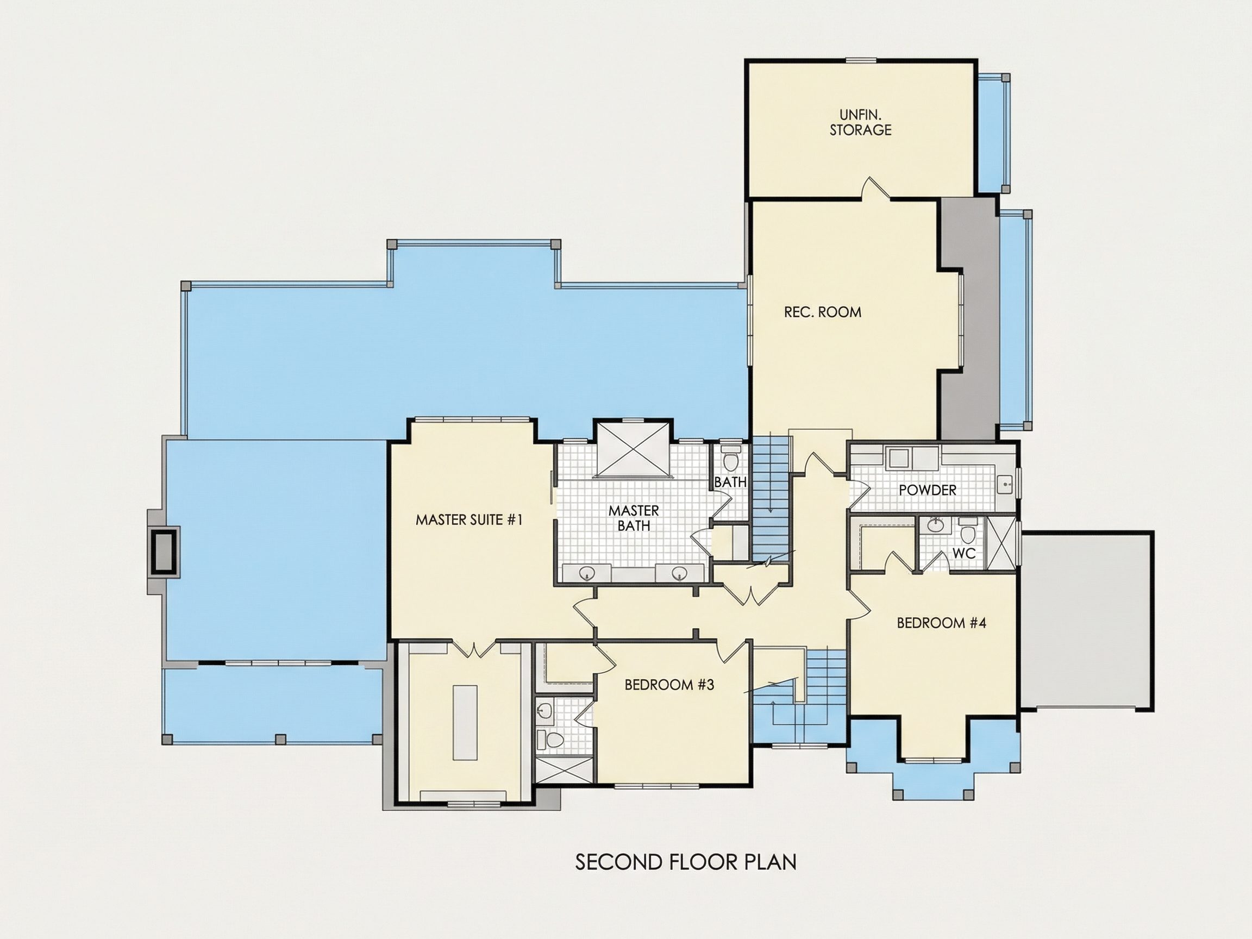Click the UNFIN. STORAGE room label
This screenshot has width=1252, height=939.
[x=860, y=122]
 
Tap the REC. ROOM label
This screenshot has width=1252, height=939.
[x=822, y=312]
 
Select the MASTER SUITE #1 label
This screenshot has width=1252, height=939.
[x=468, y=519]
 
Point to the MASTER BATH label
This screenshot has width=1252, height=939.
[x=634, y=518]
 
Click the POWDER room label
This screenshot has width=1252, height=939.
[x=928, y=490]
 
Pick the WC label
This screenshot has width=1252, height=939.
[x=965, y=553]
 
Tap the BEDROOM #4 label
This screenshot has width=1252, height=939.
[x=942, y=623]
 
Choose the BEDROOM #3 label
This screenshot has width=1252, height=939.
[x=669, y=685]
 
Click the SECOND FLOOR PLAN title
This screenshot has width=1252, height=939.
[x=686, y=861]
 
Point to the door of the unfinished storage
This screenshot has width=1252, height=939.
[x=876, y=189]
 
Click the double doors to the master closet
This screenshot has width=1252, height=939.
[x=480, y=649]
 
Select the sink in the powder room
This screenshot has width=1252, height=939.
[x=1006, y=485]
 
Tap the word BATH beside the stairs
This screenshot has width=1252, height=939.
[x=730, y=482]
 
